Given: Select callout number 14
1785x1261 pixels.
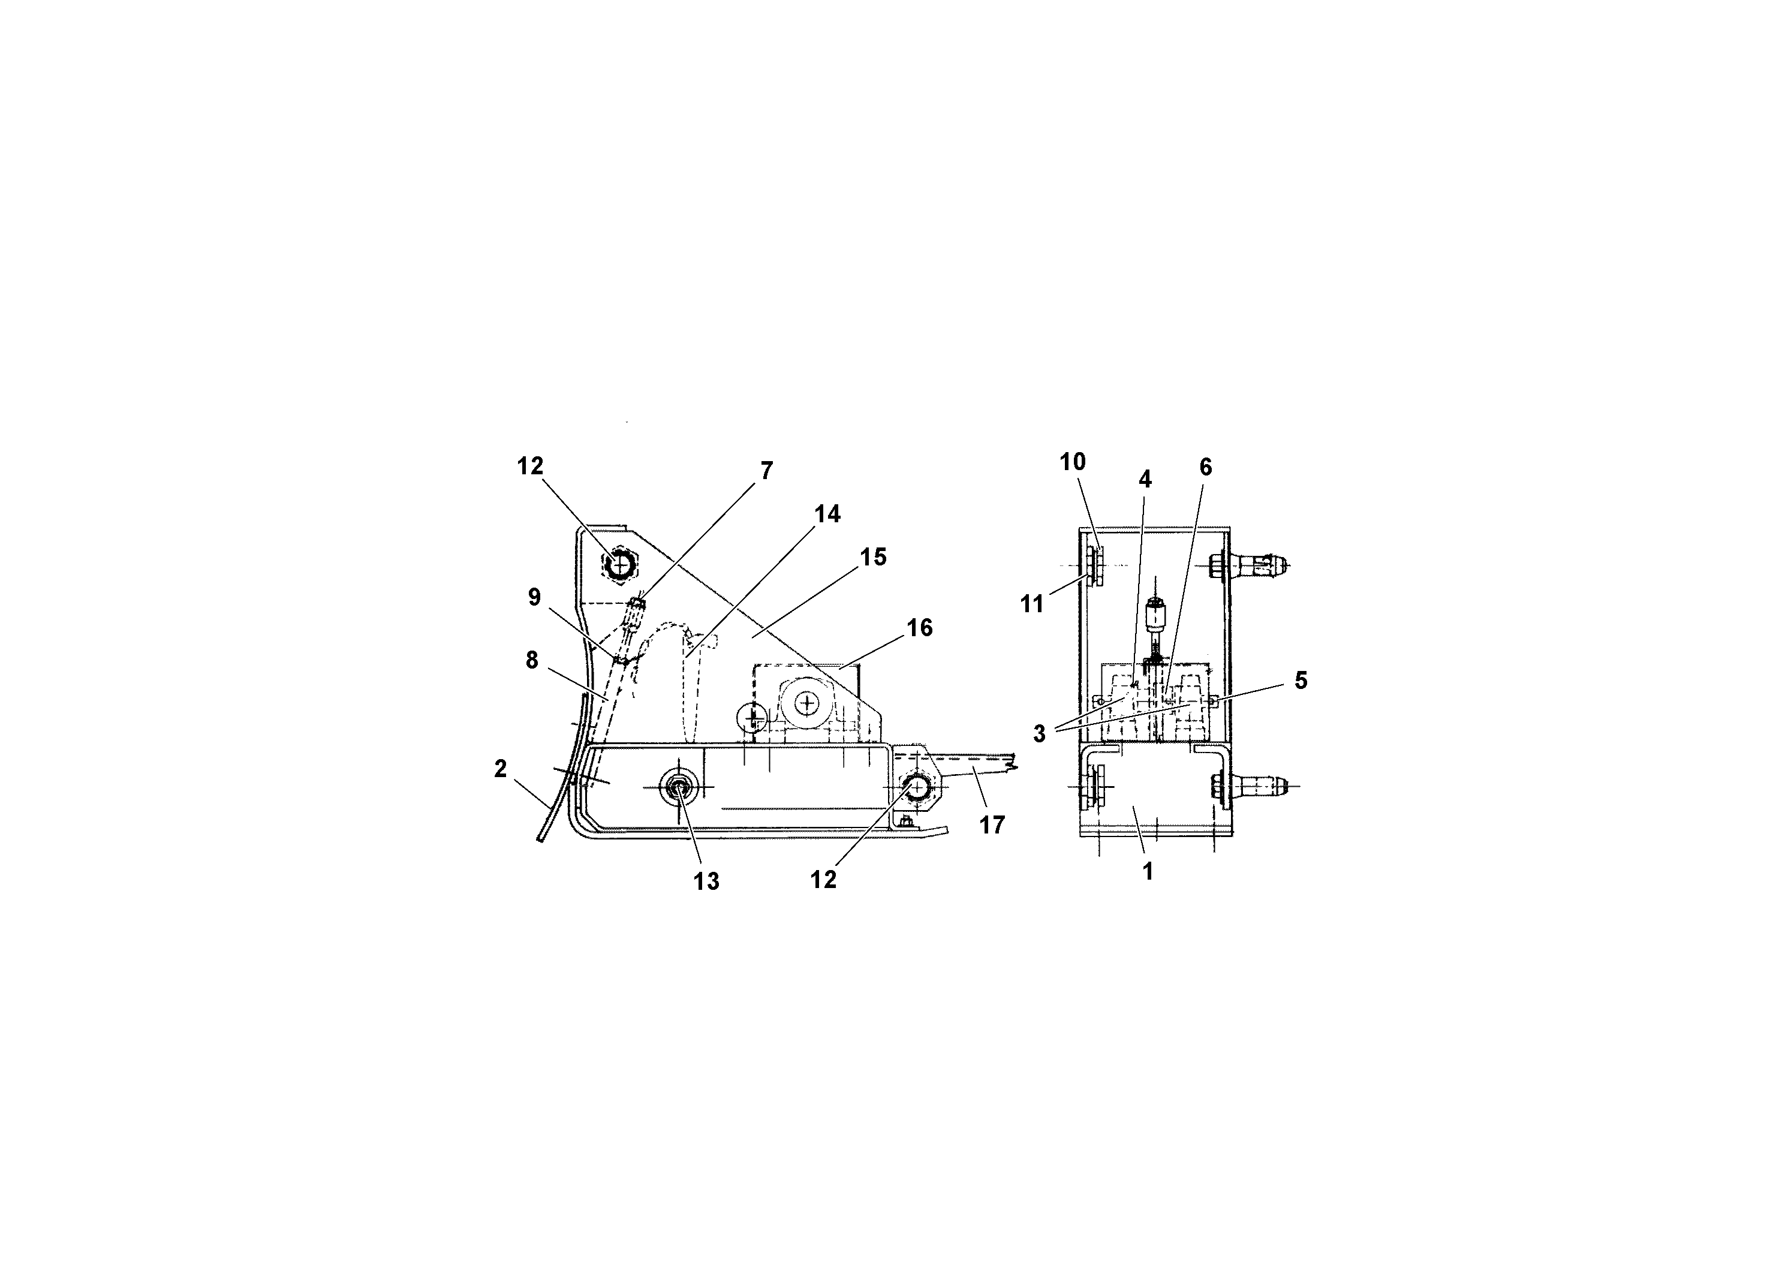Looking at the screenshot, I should coord(827,514).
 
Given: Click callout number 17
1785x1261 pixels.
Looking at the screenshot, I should coord(992,825).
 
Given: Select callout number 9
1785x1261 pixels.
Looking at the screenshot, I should coord(534,597).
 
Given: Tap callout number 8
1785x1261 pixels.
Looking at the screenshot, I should coord(532,660).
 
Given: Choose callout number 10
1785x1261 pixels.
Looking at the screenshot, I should coord(1072,462).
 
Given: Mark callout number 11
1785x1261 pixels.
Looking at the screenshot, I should coord(1032,603).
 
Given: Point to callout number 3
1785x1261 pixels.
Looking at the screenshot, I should coord(1040,733).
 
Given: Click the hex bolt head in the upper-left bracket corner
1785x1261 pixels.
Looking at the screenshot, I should coord(619,565).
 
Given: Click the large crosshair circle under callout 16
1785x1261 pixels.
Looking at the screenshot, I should coord(808,703).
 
